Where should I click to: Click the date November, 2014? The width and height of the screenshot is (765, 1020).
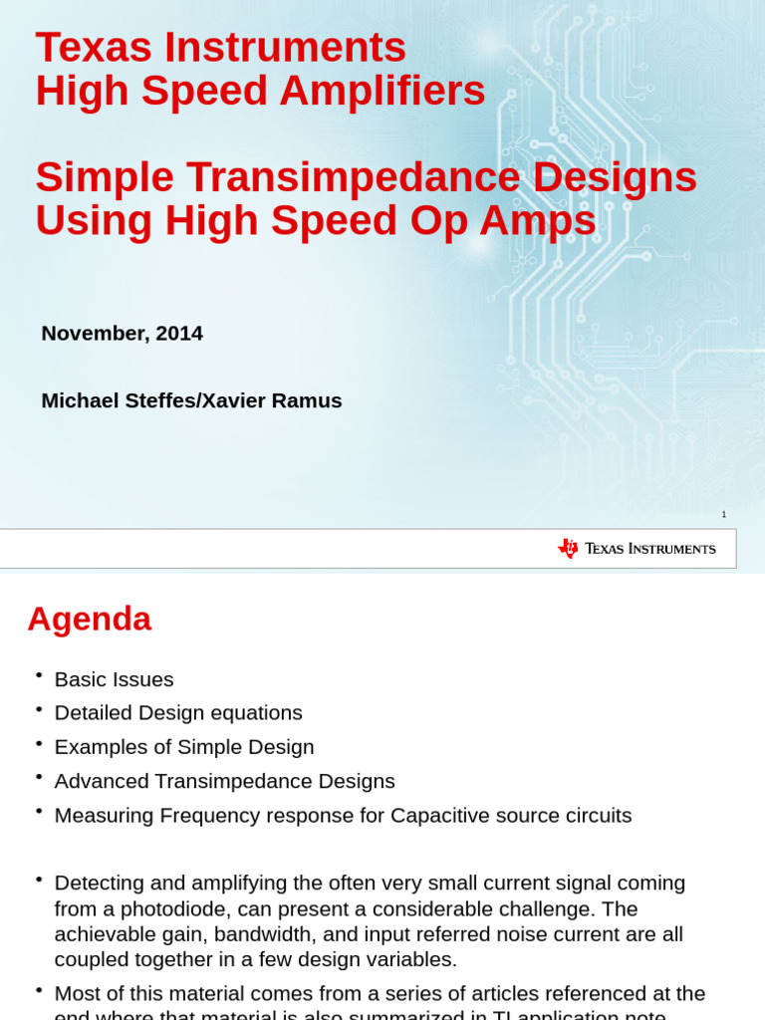point(122,334)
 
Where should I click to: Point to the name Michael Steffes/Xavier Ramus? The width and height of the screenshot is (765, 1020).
point(191,400)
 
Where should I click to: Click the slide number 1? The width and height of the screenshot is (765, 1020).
point(724,514)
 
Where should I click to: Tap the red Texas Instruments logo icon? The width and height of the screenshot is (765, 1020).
point(568,548)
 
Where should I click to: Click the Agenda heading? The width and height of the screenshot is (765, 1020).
point(89,619)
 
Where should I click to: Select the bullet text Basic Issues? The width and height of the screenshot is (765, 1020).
point(114,679)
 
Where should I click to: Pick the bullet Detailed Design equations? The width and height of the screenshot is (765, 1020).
point(178,713)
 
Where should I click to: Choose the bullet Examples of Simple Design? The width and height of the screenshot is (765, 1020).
point(184,747)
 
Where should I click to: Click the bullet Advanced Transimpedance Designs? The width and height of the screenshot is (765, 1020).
point(224,781)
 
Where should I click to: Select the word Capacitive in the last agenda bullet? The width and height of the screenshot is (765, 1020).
point(438,816)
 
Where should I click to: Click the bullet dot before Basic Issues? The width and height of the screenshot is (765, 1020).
point(39,675)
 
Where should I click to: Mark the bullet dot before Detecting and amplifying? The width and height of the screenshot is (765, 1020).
point(39,880)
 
